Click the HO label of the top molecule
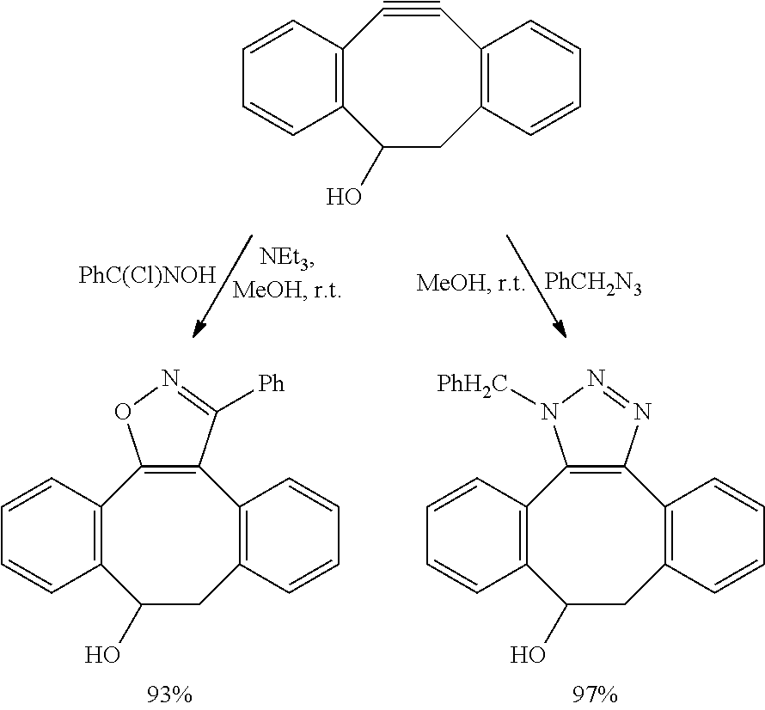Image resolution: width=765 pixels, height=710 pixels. click(x=345, y=197)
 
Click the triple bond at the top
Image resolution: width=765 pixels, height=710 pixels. click(x=413, y=8)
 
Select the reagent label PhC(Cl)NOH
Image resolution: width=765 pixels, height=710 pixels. click(x=147, y=276)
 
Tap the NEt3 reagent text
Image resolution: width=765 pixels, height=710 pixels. click(x=287, y=257)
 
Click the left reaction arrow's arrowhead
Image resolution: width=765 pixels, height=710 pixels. click(x=200, y=328)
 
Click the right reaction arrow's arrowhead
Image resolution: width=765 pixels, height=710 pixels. click(x=560, y=328)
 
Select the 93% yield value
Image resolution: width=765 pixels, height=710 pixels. click(x=170, y=695)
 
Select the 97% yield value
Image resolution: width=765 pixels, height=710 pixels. click(x=595, y=695)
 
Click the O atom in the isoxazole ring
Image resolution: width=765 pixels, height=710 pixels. click(x=123, y=412)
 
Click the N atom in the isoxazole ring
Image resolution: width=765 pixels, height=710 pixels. click(x=171, y=378)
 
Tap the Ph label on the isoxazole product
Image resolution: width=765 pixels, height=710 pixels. click(x=272, y=384)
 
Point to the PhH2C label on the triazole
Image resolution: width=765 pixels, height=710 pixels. click(x=473, y=384)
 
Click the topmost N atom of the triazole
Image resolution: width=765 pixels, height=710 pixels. click(x=597, y=378)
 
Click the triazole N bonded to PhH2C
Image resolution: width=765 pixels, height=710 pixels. click(x=550, y=413)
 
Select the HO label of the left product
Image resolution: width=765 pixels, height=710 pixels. click(x=103, y=655)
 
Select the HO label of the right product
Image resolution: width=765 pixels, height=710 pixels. click(x=528, y=655)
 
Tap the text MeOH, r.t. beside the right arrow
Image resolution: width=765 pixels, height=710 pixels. click(x=471, y=283)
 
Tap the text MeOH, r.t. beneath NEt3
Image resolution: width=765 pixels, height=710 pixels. click(x=287, y=291)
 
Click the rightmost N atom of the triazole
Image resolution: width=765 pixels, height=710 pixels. click(x=644, y=413)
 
